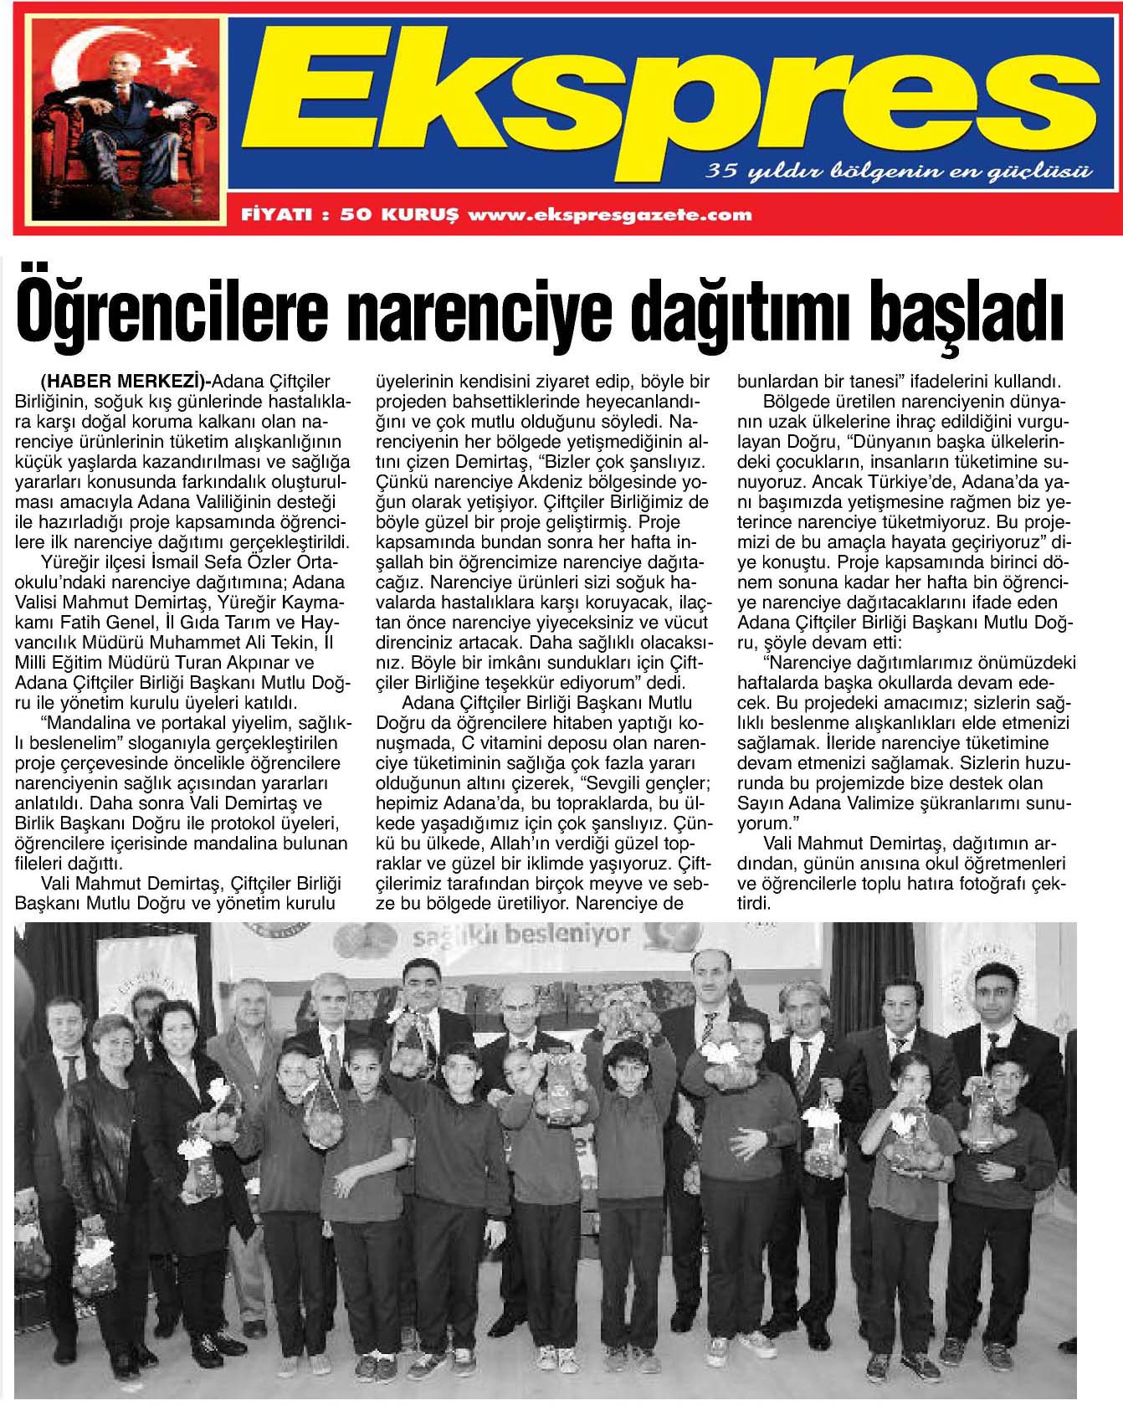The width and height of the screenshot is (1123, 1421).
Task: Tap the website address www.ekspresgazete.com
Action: click(610, 215)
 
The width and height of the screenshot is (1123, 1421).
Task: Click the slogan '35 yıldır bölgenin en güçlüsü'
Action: click(900, 172)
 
